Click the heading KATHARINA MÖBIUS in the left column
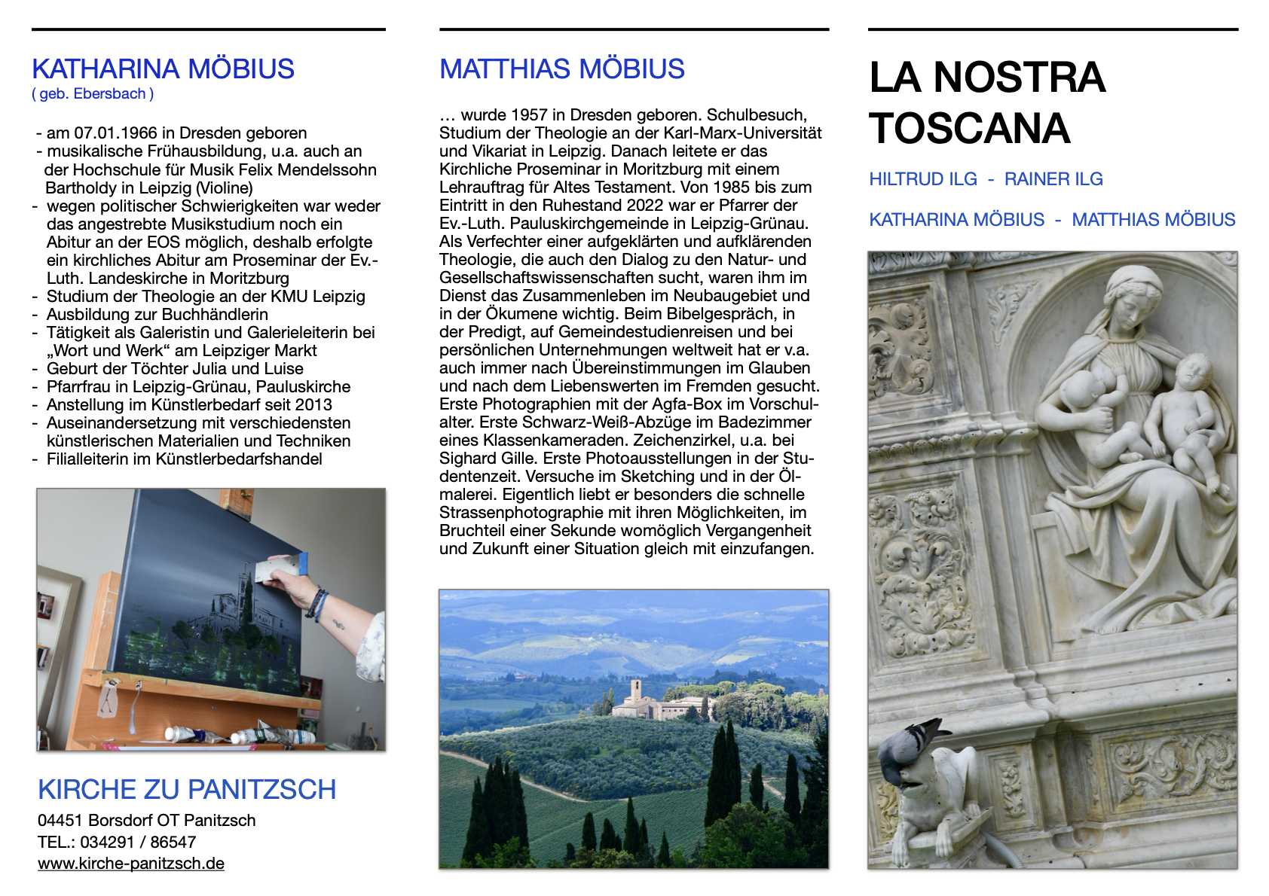(163, 69)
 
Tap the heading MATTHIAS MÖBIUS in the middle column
(561, 69)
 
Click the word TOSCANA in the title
(969, 128)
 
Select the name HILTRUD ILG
(922, 179)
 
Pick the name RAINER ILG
(1053, 179)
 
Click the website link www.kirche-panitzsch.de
(131, 864)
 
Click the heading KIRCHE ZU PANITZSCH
(187, 789)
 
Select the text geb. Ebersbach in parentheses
(93, 94)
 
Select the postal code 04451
(60, 821)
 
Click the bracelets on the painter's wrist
(318, 604)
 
